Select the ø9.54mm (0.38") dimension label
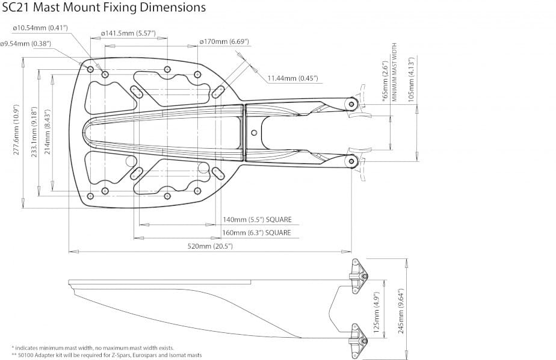[x=25, y=43]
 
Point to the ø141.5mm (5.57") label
[x=128, y=33]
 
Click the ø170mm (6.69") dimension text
[x=224, y=42]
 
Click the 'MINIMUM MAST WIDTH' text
[x=395, y=71]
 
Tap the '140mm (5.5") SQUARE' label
[x=257, y=220]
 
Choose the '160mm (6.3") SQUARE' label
[x=257, y=233]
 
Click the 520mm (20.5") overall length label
[x=211, y=246]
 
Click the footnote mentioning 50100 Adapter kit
[x=107, y=355]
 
